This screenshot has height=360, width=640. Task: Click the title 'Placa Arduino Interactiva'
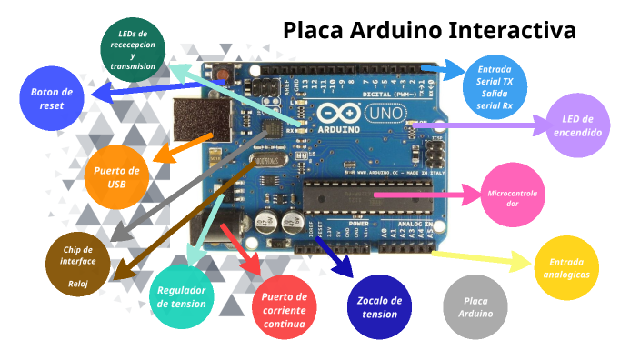[429, 30]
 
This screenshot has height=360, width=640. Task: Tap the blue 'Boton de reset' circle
[53, 98]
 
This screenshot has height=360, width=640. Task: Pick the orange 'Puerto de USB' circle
[116, 176]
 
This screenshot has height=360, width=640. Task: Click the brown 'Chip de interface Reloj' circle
[78, 266]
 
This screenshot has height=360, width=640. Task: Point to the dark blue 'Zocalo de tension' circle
[380, 306]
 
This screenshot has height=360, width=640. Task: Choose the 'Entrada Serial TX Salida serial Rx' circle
[495, 87]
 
